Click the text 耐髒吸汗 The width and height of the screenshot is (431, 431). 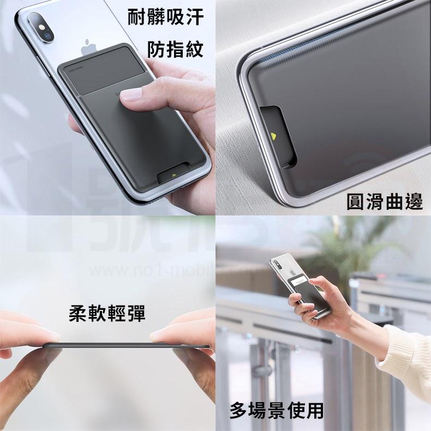pyautogui.click(x=165, y=17)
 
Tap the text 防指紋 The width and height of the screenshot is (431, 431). pyautogui.click(x=176, y=50)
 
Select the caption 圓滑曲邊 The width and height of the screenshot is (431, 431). pyautogui.click(x=385, y=202)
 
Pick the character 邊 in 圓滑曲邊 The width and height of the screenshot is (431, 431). pyautogui.click(x=413, y=202)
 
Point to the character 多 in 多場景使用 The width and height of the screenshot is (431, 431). pyautogui.click(x=238, y=409)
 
